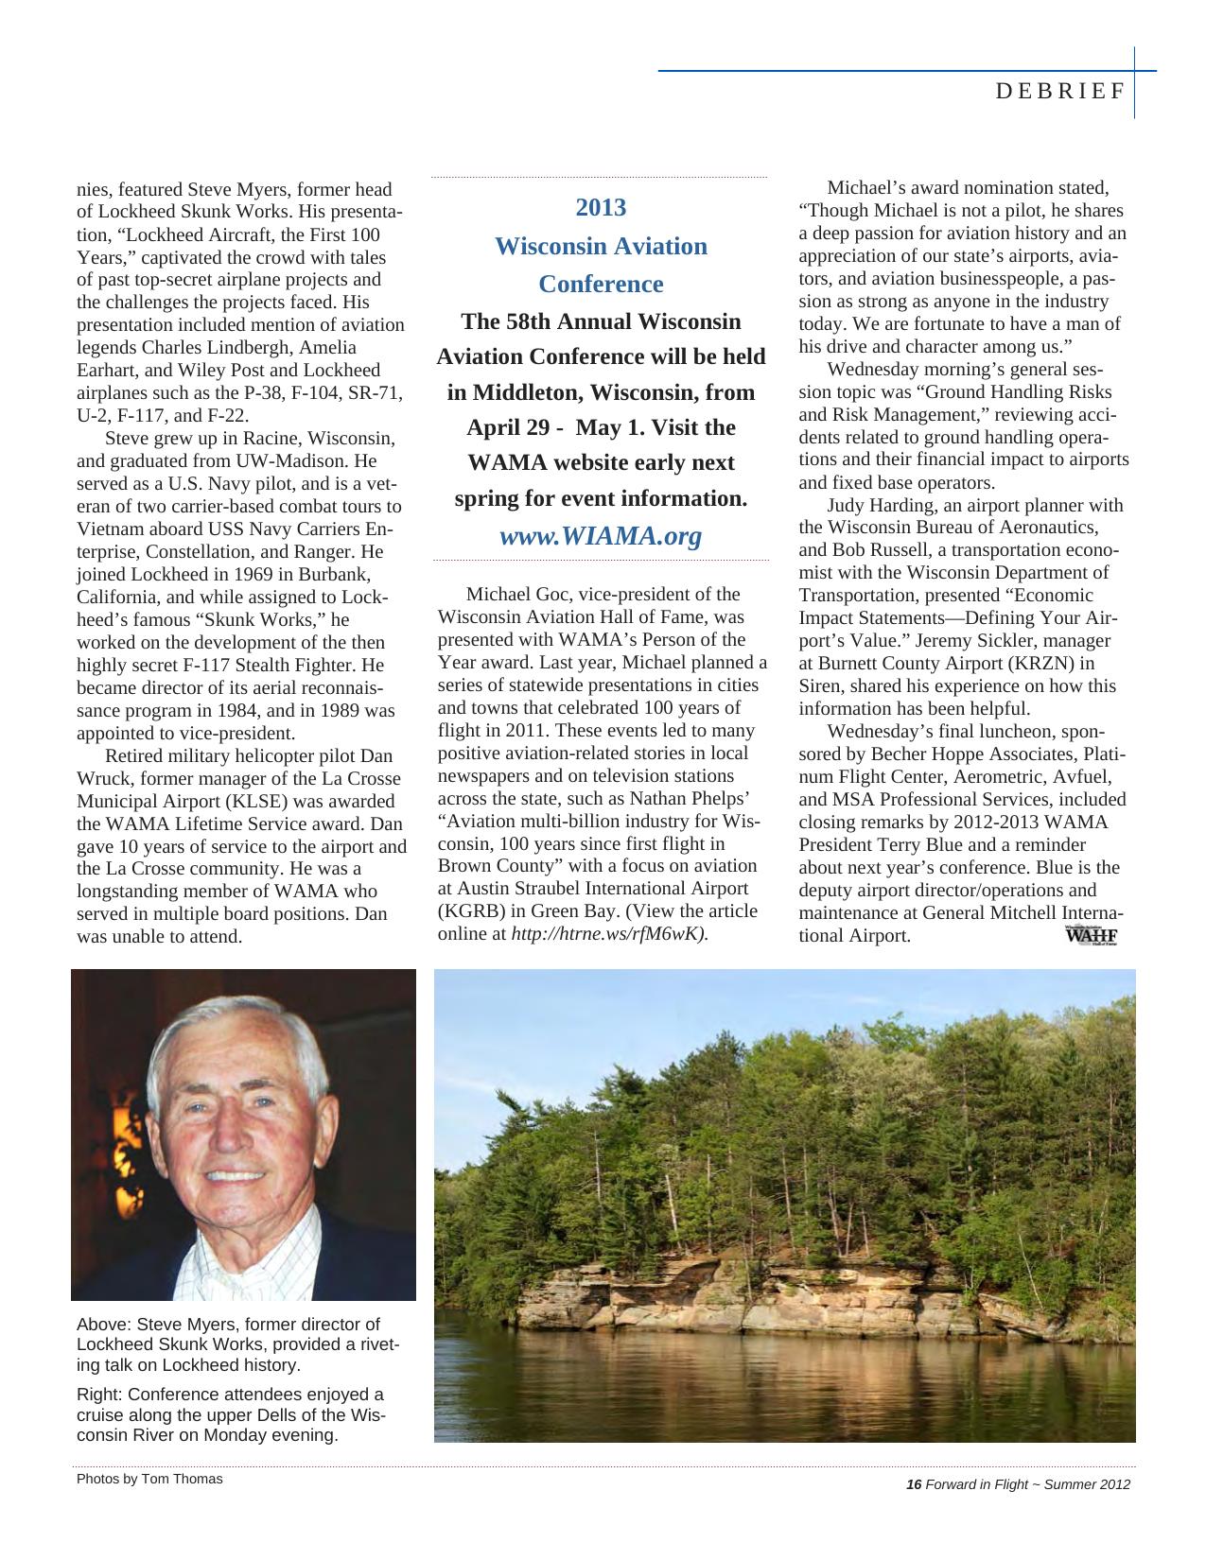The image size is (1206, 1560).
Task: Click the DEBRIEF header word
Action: pos(1060,91)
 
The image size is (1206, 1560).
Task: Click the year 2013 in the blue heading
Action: pos(601,207)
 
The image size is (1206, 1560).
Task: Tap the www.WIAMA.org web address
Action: pos(601,536)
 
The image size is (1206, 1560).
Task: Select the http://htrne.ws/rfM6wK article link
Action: pos(609,934)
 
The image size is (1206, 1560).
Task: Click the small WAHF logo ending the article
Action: pos(1091,935)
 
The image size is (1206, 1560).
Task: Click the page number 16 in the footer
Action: pos(913,1484)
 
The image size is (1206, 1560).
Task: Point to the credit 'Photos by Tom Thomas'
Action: pos(149,1479)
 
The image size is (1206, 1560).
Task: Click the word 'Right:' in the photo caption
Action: pos(99,1395)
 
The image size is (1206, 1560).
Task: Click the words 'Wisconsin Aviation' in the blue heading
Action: pos(601,246)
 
